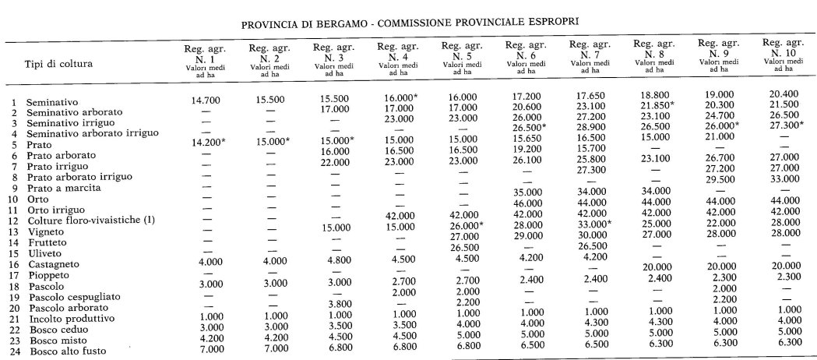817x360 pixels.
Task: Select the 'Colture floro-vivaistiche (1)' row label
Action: (x=90, y=221)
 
